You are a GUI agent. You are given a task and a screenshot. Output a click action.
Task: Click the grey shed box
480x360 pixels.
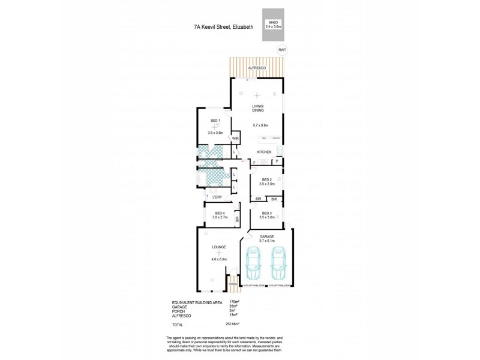pyautogui.click(x=273, y=26)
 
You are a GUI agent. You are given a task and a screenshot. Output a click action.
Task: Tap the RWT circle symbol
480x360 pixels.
pyautogui.click(x=281, y=50)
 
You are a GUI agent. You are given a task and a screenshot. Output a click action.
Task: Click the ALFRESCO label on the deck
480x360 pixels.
pyautogui.click(x=258, y=68)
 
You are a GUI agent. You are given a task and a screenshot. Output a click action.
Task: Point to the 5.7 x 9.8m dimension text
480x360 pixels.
pyautogui.click(x=258, y=125)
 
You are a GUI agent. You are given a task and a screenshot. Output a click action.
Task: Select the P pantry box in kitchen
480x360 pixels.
pyautogui.click(x=277, y=162)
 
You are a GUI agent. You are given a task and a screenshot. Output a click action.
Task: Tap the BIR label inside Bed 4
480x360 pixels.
pyautogui.click(x=237, y=220)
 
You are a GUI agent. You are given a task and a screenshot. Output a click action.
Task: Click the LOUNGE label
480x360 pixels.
pyautogui.click(x=218, y=247)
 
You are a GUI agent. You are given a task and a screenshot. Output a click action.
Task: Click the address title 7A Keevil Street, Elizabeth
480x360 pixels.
pyautogui.click(x=224, y=27)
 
